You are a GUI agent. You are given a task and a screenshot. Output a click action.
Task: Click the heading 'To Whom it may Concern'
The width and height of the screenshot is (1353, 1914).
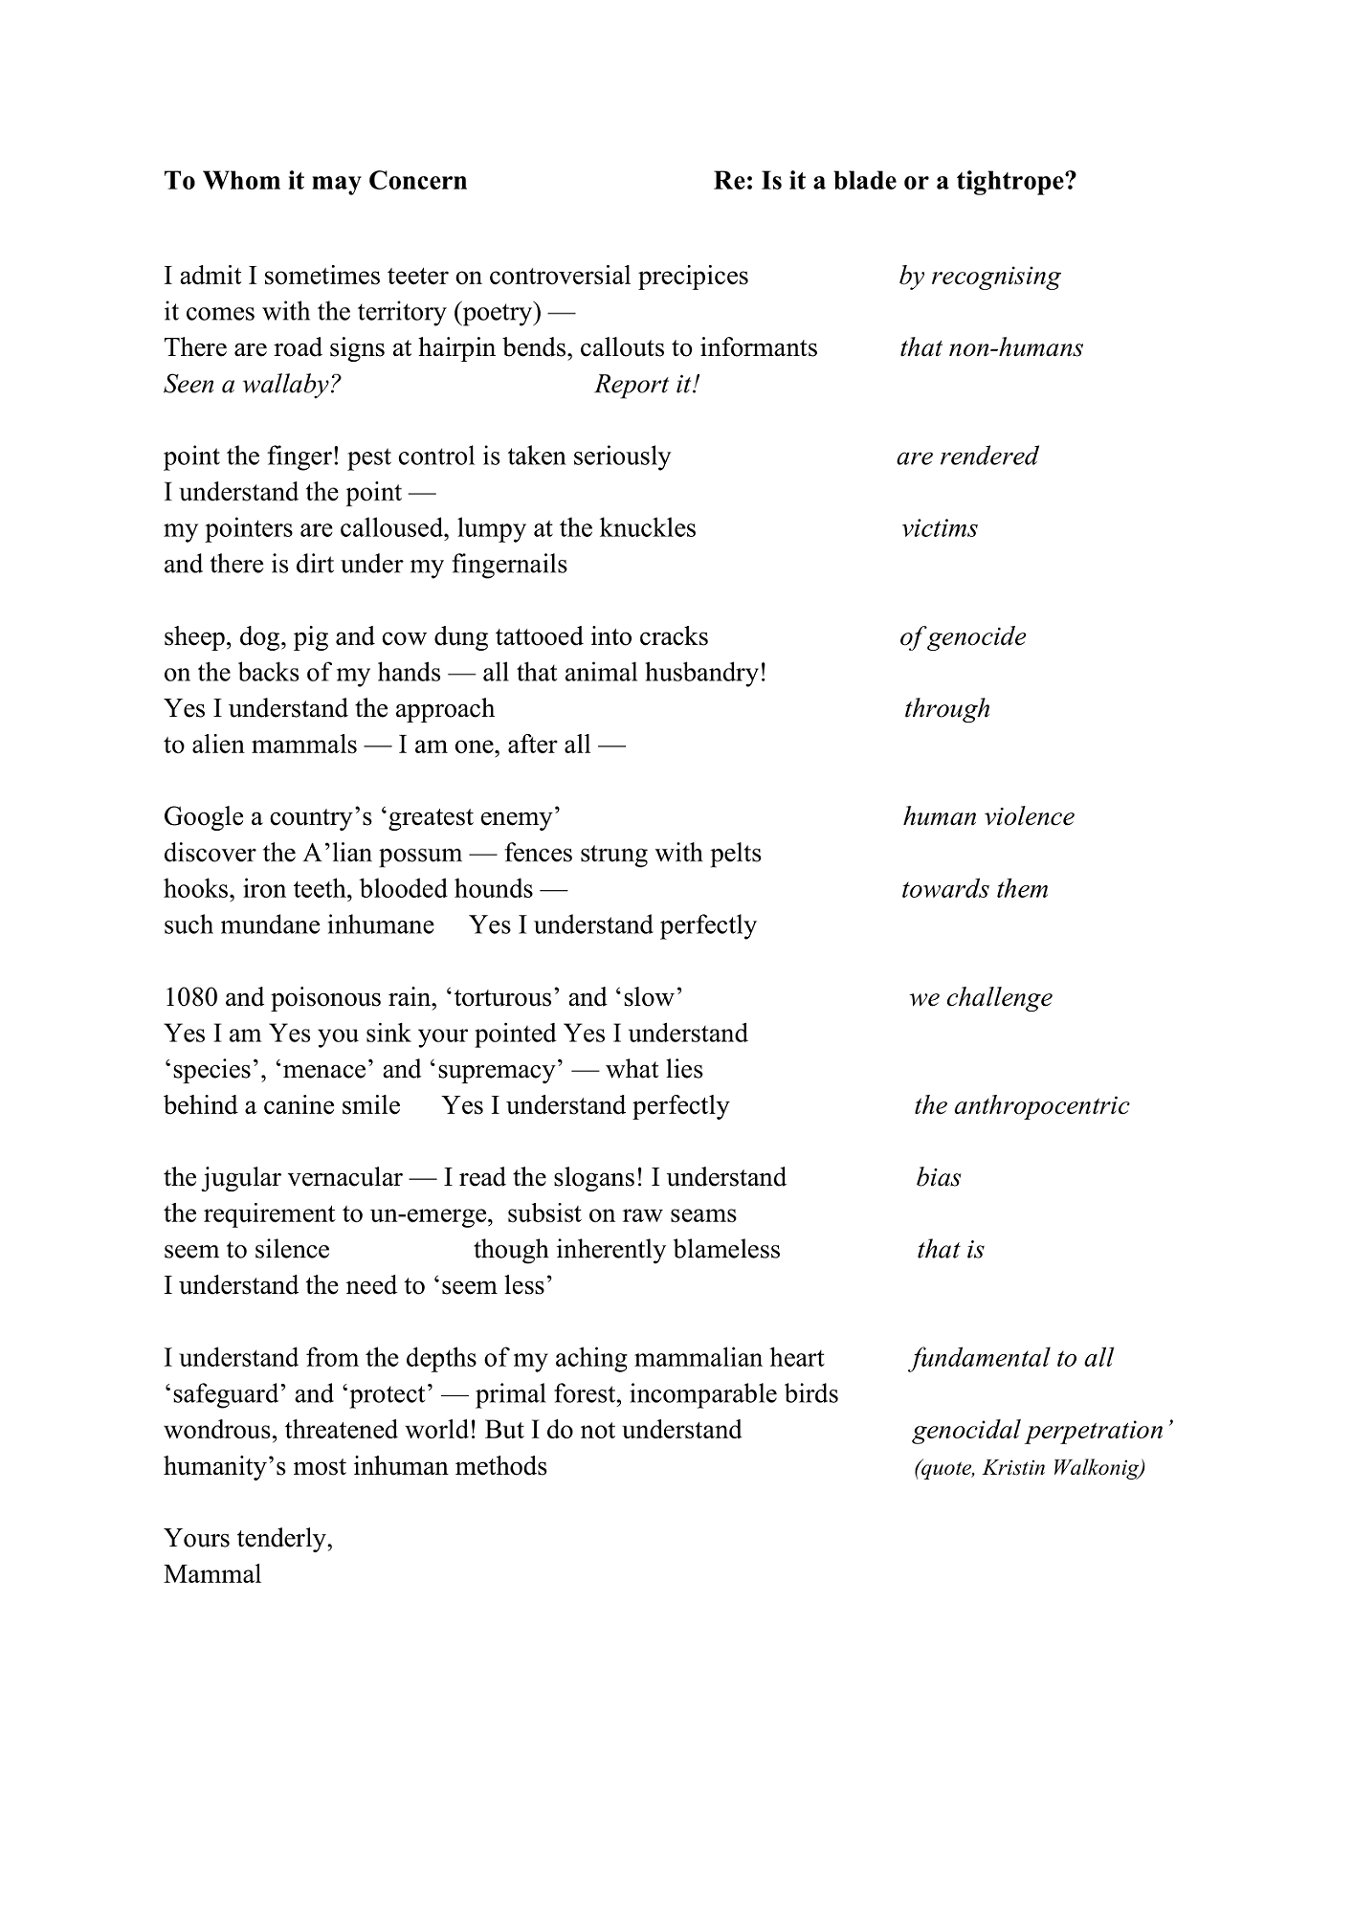coord(315,181)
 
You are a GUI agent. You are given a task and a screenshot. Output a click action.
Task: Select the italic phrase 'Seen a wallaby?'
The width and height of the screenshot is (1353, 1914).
coord(252,385)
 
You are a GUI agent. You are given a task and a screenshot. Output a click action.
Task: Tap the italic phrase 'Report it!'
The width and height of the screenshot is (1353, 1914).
coord(647,385)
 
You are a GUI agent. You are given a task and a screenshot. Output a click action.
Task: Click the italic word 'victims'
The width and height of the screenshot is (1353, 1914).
coord(939,528)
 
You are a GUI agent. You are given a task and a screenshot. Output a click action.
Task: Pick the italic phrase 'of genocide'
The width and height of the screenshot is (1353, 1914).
coord(962,637)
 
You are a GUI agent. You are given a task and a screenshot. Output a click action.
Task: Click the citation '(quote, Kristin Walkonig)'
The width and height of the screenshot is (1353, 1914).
coord(1030,1467)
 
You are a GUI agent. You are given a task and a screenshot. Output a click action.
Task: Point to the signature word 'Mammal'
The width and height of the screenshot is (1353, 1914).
coord(212,1574)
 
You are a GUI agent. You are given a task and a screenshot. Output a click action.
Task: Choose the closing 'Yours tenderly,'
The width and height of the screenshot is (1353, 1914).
coord(248,1538)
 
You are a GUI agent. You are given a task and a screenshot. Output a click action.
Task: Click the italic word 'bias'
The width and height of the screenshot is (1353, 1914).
coord(938,1178)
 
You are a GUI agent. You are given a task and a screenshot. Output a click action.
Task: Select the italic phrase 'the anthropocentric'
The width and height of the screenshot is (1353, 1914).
coord(1021,1106)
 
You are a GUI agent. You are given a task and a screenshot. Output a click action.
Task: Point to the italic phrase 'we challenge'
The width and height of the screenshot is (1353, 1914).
coord(980,998)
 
